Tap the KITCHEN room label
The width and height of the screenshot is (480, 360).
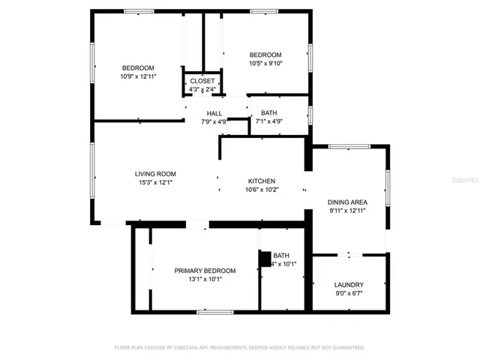pos(262,181)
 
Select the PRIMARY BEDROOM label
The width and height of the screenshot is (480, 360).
pos(205,270)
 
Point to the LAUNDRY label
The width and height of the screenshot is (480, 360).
pos(349,284)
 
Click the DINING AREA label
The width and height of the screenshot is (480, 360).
pos(347,202)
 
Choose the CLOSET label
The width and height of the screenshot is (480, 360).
pos(202,81)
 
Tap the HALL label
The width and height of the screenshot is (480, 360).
pos(214,113)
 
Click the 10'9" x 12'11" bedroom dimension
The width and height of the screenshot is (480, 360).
pos(138,76)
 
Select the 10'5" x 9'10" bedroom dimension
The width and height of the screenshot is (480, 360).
pos(265,64)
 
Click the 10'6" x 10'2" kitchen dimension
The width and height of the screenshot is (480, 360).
pos(262,190)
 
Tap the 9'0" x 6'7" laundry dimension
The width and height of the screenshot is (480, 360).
pos(349,293)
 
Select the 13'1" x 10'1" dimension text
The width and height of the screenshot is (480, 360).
pos(205,279)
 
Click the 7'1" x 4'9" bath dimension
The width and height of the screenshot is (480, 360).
pos(268,121)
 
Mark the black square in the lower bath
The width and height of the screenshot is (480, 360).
pos(264,259)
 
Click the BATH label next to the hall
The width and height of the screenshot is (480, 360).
pos(268,113)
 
